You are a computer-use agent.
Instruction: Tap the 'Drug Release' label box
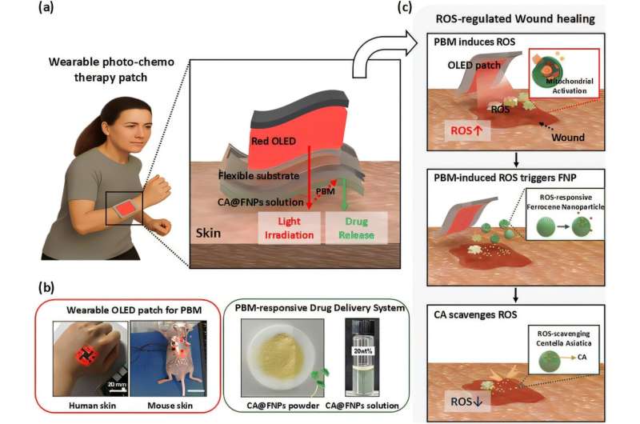pyautogui.click(x=355, y=226)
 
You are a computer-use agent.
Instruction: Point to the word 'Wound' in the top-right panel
pyautogui.click(x=568, y=138)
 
